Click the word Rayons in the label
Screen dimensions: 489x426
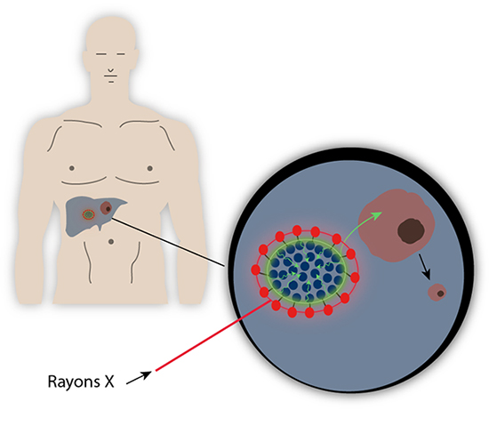[74, 382]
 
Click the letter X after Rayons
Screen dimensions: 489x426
[109, 382]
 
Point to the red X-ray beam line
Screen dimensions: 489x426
[213, 335]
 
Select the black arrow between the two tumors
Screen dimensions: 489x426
[425, 266]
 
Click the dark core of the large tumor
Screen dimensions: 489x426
[411, 231]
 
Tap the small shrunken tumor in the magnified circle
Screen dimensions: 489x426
[437, 293]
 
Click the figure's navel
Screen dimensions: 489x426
[111, 242]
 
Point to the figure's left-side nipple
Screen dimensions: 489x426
[72, 168]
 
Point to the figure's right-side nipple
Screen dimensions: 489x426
[149, 168]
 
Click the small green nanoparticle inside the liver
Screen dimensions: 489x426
[89, 214]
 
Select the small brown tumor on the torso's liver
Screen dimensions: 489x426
[106, 208]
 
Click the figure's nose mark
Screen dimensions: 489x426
[111, 70]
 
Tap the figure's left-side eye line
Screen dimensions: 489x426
[101, 54]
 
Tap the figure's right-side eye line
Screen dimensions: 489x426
[121, 54]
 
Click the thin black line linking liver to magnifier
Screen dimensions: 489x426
[168, 242]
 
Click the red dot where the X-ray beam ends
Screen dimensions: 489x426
[276, 305]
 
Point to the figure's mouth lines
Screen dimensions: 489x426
[111, 78]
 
